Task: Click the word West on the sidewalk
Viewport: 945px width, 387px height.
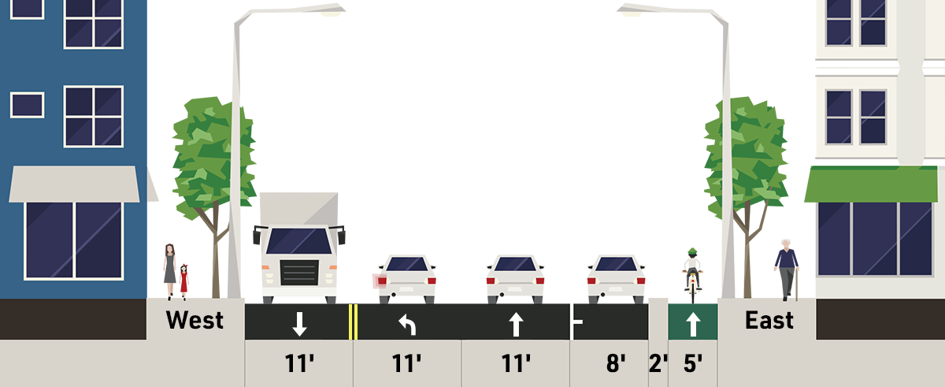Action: [195, 320]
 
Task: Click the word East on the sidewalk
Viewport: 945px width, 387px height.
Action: [769, 320]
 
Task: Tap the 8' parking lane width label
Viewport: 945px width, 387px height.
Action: [616, 363]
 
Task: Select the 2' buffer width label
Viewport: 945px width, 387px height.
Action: [658, 363]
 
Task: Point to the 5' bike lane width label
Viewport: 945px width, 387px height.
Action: [693, 363]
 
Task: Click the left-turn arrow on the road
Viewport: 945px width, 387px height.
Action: [408, 325]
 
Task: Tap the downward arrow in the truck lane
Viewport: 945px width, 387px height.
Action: [299, 324]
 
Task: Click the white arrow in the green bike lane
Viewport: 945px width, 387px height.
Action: [693, 324]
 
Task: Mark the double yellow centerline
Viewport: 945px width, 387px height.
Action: [353, 322]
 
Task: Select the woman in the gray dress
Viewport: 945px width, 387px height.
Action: [169, 271]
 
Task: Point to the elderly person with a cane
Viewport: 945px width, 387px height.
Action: [787, 270]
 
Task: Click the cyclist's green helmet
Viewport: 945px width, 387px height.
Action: [692, 251]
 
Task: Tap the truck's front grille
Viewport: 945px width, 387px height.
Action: [299, 272]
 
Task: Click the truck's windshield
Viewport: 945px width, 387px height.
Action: [299, 241]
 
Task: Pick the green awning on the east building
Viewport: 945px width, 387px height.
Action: [871, 184]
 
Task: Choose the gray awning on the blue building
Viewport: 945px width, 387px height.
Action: [74, 184]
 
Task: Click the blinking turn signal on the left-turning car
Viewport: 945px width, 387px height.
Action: [380, 281]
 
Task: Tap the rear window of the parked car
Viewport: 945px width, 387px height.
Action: [616, 264]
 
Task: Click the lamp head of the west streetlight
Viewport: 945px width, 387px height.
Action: [332, 13]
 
